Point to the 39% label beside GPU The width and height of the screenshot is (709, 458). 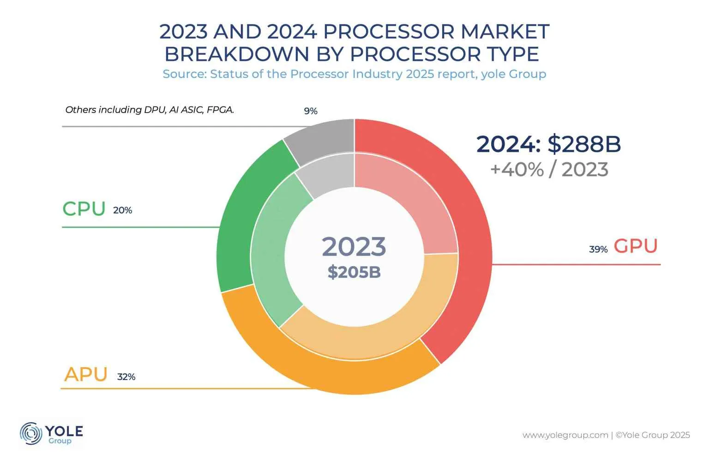(x=598, y=250)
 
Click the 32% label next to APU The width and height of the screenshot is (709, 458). (x=126, y=377)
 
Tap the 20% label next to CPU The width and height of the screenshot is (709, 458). (x=122, y=210)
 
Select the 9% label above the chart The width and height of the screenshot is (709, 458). (x=311, y=111)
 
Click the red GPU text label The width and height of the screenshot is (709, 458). (x=636, y=246)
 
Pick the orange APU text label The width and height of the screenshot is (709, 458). (x=86, y=374)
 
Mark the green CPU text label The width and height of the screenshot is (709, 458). (x=84, y=209)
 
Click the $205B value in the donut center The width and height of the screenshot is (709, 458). (x=354, y=272)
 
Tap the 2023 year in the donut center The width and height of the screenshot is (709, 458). (x=354, y=247)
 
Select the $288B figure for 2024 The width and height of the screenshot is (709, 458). (x=584, y=144)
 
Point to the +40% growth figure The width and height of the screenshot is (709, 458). (x=517, y=170)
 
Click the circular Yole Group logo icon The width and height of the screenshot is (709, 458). (x=31, y=434)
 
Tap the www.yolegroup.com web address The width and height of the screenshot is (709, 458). (x=565, y=435)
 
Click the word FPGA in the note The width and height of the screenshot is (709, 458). (x=220, y=110)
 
